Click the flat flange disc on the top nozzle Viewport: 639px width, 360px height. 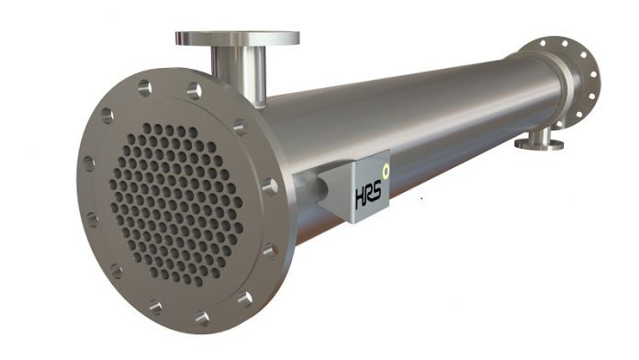237,39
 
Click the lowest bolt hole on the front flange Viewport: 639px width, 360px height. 201,318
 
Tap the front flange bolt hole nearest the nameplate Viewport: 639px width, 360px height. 270,186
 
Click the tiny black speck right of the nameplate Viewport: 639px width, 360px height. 421,198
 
